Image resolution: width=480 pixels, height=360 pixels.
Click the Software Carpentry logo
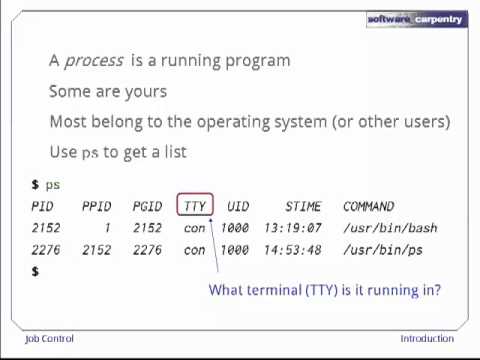pyautogui.click(x=416, y=19)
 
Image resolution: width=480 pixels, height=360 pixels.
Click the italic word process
pyautogui.click(x=93, y=61)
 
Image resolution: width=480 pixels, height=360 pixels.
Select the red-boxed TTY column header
pyautogui.click(x=194, y=206)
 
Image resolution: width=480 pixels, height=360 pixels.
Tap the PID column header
pyautogui.click(x=42, y=206)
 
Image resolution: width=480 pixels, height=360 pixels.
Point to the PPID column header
pyautogui.click(x=96, y=206)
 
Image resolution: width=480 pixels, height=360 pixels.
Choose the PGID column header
pyautogui.click(x=147, y=206)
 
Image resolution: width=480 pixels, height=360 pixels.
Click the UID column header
pyautogui.click(x=237, y=206)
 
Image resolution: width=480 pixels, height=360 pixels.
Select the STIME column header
pyautogui.click(x=303, y=206)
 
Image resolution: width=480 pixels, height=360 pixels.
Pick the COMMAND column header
pyautogui.click(x=368, y=206)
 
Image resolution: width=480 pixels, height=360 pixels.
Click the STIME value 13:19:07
pyautogui.click(x=292, y=228)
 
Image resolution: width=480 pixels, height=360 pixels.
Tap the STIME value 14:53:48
pyautogui.click(x=292, y=250)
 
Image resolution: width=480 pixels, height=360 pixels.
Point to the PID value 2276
pyautogui.click(x=46, y=250)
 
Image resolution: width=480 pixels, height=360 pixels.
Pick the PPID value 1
pyautogui.click(x=107, y=228)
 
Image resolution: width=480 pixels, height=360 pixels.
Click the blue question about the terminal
pyautogui.click(x=324, y=290)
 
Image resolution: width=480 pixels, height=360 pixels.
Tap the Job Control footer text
pyautogui.click(x=49, y=338)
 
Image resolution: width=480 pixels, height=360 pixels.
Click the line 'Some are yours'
pyautogui.click(x=108, y=91)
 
